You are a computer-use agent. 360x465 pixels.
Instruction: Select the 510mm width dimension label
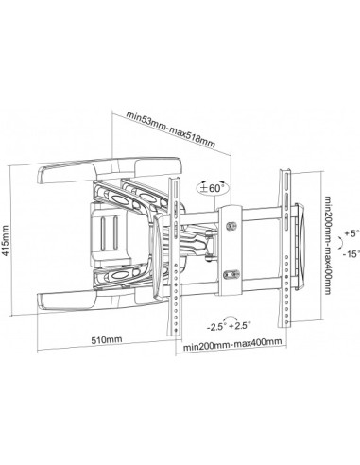(x=107, y=340)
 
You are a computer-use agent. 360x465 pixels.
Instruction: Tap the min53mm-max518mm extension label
(x=171, y=129)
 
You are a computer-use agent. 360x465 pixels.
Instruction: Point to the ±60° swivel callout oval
(x=214, y=188)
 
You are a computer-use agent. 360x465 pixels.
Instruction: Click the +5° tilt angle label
(x=351, y=233)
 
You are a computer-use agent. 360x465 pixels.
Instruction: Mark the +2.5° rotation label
(x=240, y=325)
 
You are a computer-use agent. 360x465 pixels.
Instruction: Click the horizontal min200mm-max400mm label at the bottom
(x=232, y=345)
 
